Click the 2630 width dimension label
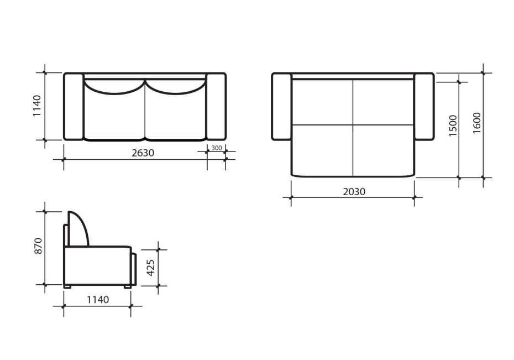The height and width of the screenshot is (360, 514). tap(143, 153)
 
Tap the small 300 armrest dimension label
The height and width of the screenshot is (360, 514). tap(216, 148)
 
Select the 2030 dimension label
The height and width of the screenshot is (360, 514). tap(354, 191)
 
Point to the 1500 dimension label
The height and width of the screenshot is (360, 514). tap(453, 126)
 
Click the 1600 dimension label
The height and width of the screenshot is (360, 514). tap(477, 123)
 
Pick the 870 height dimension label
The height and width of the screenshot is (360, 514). tap(38, 246)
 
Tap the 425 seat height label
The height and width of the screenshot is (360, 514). tap(150, 268)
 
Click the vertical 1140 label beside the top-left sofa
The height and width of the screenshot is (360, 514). tap(36, 106)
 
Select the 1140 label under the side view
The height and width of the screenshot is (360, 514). tap(98, 300)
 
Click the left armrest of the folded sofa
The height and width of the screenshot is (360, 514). tap(74, 107)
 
